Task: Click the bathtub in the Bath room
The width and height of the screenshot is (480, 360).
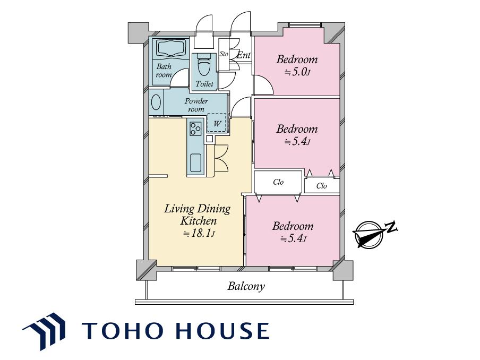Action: coord(172,48)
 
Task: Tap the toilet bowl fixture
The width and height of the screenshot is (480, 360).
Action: coord(202,65)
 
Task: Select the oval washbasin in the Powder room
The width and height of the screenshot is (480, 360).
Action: coord(156,102)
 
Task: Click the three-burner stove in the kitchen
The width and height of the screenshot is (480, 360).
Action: coord(195,128)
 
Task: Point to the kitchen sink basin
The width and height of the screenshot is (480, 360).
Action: coord(196,163)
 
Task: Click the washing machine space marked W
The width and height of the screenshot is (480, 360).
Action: coord(217,123)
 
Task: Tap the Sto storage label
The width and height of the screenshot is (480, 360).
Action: coord(224,54)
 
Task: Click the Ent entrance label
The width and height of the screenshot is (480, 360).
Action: coord(244,55)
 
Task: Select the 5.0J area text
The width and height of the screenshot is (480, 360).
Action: coord(298,72)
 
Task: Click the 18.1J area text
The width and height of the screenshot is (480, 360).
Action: coord(199,234)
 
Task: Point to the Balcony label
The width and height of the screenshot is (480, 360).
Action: coord(246,286)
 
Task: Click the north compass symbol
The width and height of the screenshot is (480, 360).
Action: coord(368,234)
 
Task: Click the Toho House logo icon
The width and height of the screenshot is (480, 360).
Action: coord(44,331)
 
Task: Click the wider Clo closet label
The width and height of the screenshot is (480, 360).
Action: coord(278,182)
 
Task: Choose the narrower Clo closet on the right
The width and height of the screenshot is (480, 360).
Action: coord(321,185)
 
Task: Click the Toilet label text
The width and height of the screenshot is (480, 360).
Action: coord(204,83)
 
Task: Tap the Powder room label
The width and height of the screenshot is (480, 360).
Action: coord(196,105)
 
